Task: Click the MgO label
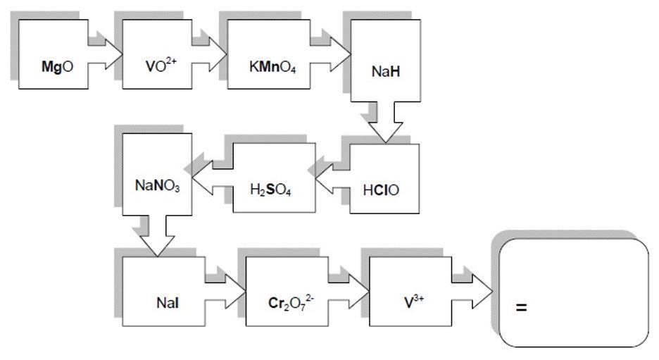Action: [54, 70]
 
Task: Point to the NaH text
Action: [385, 71]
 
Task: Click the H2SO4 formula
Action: [270, 190]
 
